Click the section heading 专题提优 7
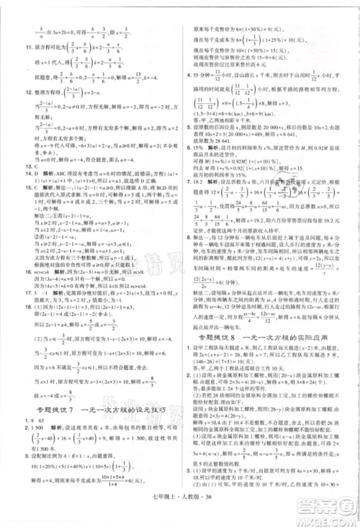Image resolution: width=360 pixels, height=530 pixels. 43,409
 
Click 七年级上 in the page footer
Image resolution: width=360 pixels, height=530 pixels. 168,513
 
